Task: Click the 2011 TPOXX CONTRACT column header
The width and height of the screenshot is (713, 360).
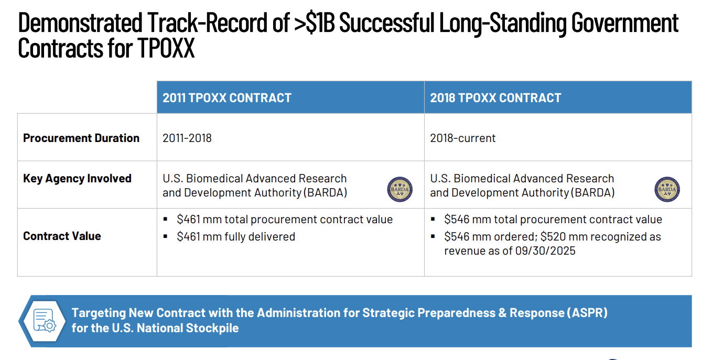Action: click(x=226, y=98)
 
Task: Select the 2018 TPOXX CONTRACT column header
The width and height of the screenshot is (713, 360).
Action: click(x=495, y=98)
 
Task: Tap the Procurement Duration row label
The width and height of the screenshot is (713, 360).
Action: click(x=81, y=138)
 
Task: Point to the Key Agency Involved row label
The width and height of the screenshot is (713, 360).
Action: click(x=77, y=179)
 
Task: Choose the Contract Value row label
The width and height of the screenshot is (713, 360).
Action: click(x=62, y=236)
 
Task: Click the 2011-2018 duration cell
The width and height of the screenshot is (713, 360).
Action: click(x=187, y=138)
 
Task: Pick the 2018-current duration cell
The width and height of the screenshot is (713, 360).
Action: click(x=462, y=138)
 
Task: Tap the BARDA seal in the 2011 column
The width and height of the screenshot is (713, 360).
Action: click(x=399, y=189)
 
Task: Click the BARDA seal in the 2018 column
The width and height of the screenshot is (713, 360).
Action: click(x=667, y=189)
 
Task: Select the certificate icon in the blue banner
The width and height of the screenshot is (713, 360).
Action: click(x=44, y=320)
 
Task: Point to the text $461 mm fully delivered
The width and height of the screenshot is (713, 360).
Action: click(x=236, y=237)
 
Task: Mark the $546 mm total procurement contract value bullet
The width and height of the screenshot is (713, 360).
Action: click(x=553, y=220)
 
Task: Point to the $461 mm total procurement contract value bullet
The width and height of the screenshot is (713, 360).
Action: click(x=285, y=220)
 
